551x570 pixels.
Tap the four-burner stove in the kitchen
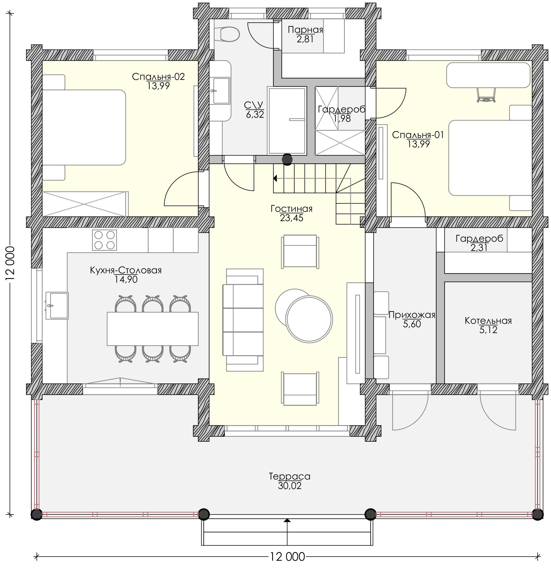click(x=104, y=240)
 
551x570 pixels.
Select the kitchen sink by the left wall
click(x=57, y=306)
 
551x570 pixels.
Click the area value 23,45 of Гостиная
click(x=291, y=218)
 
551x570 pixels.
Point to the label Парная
click(x=305, y=30)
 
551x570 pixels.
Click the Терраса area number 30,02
click(x=290, y=486)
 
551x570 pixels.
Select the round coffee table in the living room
click(x=309, y=319)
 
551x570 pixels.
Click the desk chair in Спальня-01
click(x=486, y=95)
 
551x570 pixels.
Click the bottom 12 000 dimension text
click(x=287, y=557)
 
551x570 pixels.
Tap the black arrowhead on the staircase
click(x=275, y=178)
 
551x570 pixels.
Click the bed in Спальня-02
click(x=84, y=127)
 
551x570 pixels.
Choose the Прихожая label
click(x=412, y=315)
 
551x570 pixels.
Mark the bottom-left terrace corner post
click(x=37, y=514)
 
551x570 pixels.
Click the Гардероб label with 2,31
click(x=479, y=238)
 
